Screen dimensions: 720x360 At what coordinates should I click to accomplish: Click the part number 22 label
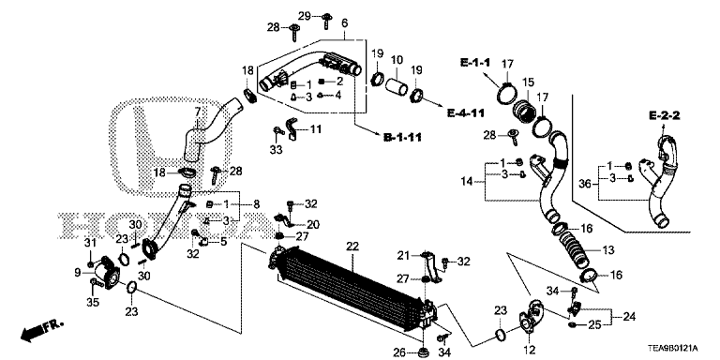(x=352, y=247)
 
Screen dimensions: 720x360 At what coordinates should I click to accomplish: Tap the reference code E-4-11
(x=466, y=112)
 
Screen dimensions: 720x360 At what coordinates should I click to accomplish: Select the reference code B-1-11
(x=402, y=136)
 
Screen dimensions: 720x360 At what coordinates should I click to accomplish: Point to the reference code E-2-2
(x=664, y=115)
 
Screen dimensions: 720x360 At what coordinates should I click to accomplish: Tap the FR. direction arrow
(x=41, y=331)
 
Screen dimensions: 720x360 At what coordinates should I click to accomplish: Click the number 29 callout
(x=305, y=17)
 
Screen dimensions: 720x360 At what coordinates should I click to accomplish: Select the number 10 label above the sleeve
(x=397, y=60)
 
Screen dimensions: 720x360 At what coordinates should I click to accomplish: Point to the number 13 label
(x=607, y=250)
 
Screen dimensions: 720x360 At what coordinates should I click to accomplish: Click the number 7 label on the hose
(x=198, y=112)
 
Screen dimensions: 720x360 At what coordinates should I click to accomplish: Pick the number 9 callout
(x=78, y=272)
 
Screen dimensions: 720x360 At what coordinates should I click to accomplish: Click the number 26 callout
(x=399, y=353)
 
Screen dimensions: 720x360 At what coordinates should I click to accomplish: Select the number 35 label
(x=93, y=302)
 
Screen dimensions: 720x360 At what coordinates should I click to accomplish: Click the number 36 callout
(x=585, y=184)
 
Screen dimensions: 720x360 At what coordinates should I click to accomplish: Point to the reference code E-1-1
(x=475, y=63)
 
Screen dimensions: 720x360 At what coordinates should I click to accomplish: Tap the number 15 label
(x=528, y=82)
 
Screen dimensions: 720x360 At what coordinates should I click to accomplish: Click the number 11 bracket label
(x=315, y=129)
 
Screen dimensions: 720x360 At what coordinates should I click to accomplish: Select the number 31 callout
(x=91, y=243)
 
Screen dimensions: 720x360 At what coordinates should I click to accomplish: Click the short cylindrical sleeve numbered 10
(x=396, y=86)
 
